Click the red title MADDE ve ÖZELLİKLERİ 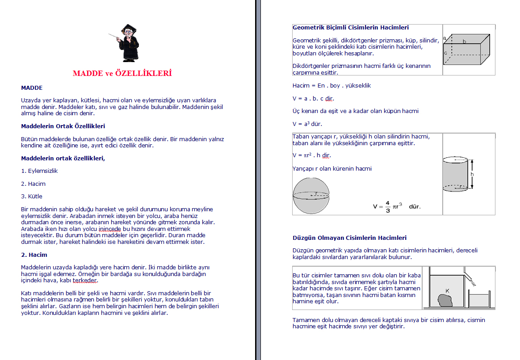[122, 73]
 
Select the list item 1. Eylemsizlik [39, 171]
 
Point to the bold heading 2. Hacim [34, 255]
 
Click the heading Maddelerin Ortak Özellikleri [63, 126]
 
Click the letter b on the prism [465, 42]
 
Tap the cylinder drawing [455, 174]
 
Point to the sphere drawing [311, 196]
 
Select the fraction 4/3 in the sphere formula [388, 206]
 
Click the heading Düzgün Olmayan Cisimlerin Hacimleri [349, 238]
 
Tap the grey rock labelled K [445, 300]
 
